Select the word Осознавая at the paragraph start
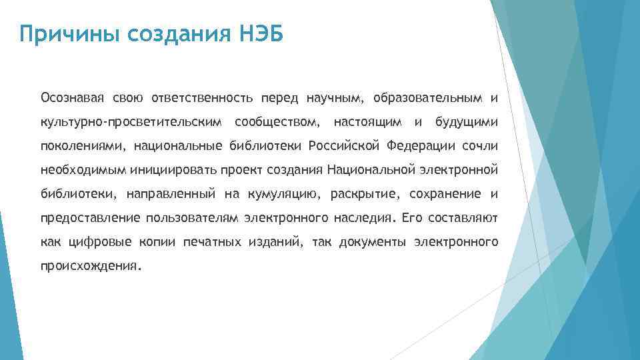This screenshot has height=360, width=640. coord(73,99)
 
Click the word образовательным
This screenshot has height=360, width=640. coord(427,99)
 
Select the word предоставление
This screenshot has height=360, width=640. coord(91,217)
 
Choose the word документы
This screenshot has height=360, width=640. coord(374,241)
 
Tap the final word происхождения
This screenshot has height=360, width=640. coord(91,265)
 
